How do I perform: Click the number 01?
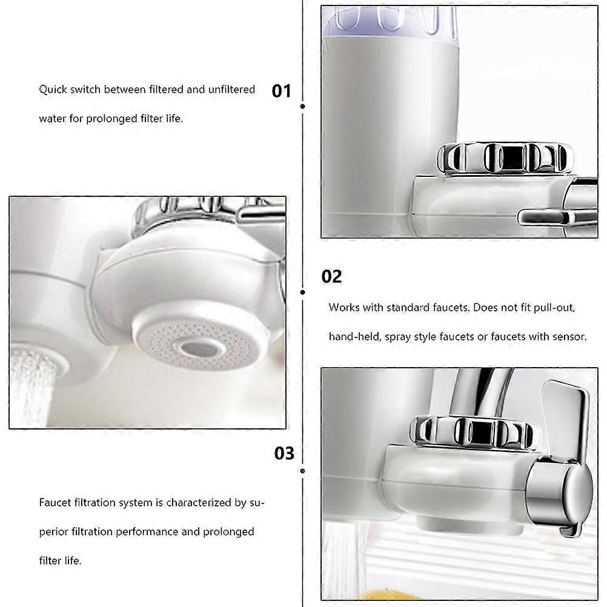coord(281,91)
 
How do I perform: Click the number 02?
coord(331,276)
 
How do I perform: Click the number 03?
coord(284,453)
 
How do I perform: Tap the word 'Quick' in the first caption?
coord(53,90)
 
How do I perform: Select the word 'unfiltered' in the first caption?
coord(231,90)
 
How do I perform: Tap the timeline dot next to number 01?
coord(303,106)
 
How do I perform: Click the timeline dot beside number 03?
coord(303,471)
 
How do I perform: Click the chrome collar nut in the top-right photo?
coord(505,158)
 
